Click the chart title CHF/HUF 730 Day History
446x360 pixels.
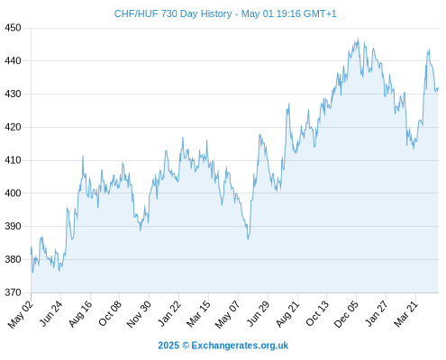(173, 13)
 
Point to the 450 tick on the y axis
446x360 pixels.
(13, 28)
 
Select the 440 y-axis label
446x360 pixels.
(13, 61)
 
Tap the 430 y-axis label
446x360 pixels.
(13, 94)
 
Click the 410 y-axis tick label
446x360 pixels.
(13, 160)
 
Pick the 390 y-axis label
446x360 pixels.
(13, 226)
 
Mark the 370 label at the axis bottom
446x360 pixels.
(13, 292)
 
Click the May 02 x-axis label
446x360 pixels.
(20, 314)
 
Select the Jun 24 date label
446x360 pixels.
(51, 313)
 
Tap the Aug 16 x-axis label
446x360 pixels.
(80, 313)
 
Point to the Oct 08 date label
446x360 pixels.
(110, 313)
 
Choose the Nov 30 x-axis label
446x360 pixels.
(139, 314)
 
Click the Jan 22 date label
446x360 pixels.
(169, 313)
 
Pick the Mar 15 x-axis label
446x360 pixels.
(198, 314)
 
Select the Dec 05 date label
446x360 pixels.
(346, 314)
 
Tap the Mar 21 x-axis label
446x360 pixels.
(405, 314)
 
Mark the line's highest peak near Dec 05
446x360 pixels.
(358, 39)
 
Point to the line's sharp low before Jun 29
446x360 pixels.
(248, 239)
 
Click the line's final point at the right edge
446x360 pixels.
(438, 87)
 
